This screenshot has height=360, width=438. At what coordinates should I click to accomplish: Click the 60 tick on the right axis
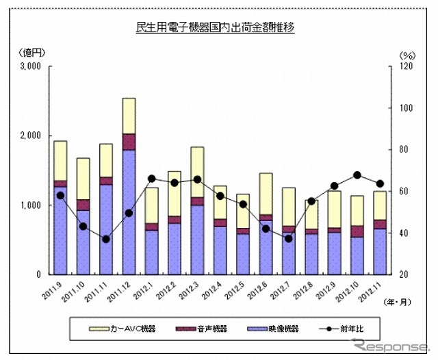click(x=404, y=191)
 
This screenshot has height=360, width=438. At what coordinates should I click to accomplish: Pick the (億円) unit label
click(x=30, y=53)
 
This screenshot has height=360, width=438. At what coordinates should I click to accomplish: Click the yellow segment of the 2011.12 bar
click(x=129, y=116)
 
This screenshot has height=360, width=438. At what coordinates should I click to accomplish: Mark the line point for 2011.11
click(x=106, y=239)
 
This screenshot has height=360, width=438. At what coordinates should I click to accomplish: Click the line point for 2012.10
click(x=357, y=175)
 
